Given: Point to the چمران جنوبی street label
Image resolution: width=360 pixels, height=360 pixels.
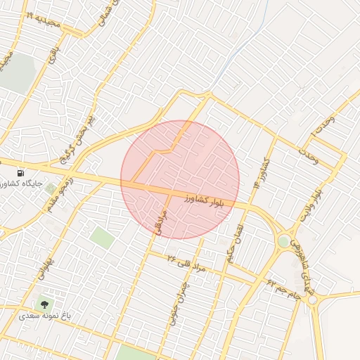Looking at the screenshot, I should (176, 299).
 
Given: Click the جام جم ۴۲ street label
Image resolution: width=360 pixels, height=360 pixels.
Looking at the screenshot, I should (283, 289).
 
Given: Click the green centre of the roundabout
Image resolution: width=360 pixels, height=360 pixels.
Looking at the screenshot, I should (283, 240).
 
